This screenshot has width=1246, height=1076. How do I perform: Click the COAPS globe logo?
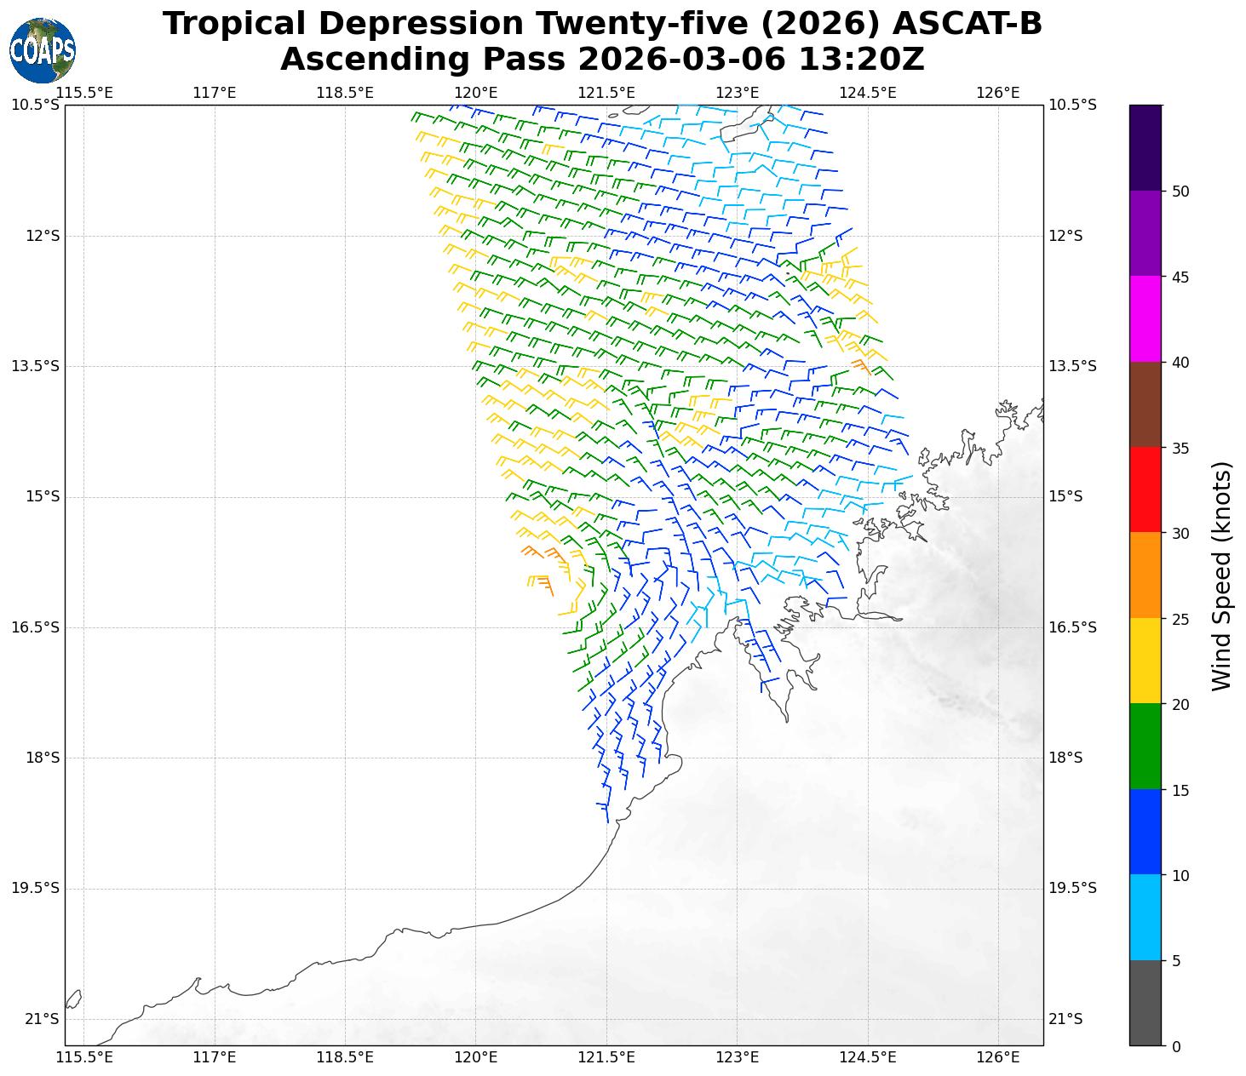click(x=43, y=50)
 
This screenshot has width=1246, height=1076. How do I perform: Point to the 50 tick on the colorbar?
click(x=1180, y=192)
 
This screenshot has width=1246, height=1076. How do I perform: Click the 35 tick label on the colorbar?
click(x=1180, y=448)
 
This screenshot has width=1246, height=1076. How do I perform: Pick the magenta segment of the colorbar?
click(x=1145, y=318)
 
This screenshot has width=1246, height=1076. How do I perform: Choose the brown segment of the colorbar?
click(x=1145, y=404)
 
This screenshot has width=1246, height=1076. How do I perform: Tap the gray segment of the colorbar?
click(x=1145, y=1002)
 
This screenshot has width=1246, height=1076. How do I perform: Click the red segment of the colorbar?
click(x=1145, y=489)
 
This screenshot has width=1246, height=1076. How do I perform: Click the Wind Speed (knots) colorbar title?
click(x=1222, y=576)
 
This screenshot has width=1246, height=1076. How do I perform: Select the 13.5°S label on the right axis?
click(x=1070, y=366)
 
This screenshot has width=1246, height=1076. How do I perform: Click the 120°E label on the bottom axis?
click(x=475, y=1057)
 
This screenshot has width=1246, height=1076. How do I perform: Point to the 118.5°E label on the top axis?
click(x=345, y=92)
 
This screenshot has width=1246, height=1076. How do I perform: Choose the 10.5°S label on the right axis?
click(x=1070, y=105)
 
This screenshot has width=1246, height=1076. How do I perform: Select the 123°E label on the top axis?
click(x=737, y=92)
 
